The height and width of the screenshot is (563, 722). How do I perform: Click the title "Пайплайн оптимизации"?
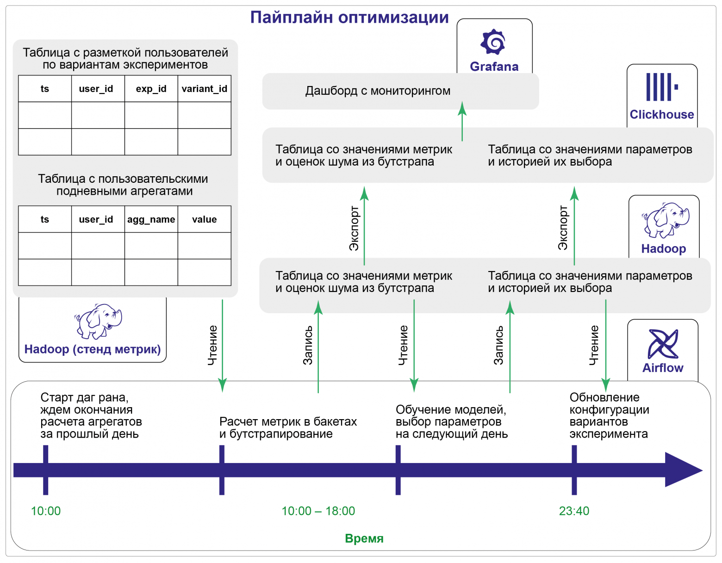point(349,18)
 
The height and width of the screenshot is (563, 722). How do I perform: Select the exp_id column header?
point(151,89)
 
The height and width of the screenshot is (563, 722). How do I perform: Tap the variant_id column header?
point(204,89)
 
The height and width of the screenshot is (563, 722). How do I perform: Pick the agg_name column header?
point(151,219)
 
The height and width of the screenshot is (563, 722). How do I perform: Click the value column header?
point(204,219)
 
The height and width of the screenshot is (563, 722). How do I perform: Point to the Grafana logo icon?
point(493,43)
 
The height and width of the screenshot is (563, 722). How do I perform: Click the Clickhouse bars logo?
point(661,87)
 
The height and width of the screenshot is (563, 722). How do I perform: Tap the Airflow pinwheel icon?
point(663,344)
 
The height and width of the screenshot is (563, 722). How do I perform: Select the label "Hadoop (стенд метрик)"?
point(93,349)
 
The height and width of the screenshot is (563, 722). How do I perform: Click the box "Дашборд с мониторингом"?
point(378,91)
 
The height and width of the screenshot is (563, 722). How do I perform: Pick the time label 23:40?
point(574,511)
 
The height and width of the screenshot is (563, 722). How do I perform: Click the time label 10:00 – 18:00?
point(318,511)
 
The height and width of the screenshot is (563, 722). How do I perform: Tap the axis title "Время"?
point(364,538)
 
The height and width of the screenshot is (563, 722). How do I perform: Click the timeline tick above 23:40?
point(574,470)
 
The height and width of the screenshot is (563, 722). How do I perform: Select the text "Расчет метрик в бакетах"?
point(288,422)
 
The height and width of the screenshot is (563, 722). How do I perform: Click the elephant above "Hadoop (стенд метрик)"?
point(99,321)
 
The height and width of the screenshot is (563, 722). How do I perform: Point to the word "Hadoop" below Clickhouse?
point(663,249)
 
